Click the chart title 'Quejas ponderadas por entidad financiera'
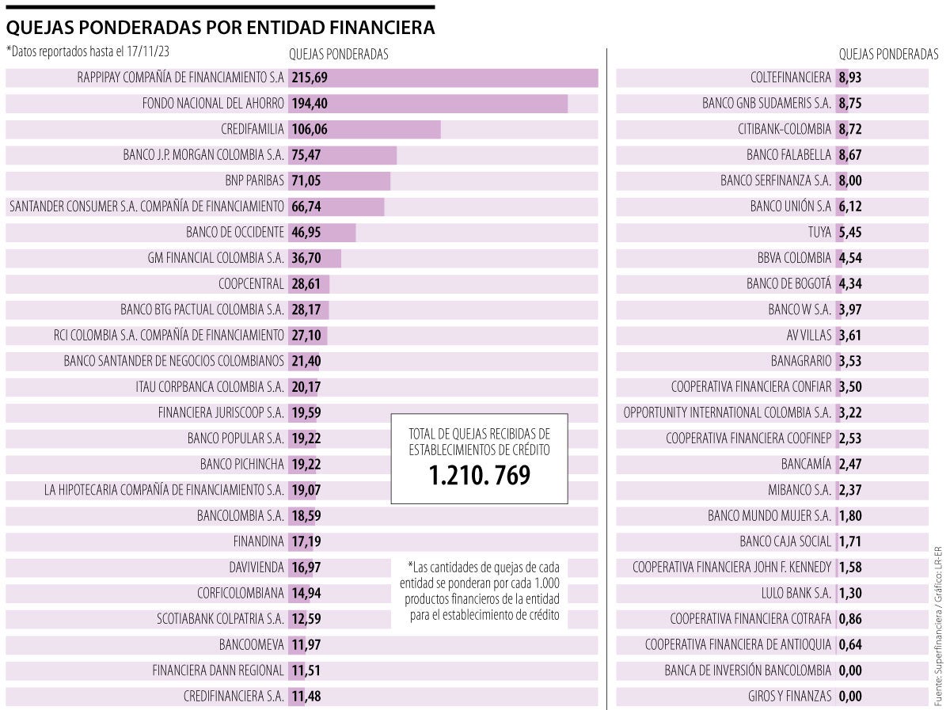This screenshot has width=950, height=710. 220,28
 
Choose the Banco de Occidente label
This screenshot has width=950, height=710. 234,232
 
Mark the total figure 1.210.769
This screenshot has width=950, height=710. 479,475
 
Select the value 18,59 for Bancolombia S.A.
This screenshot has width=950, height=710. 306,516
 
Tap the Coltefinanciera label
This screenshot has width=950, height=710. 790,78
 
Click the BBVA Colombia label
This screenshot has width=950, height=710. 794,258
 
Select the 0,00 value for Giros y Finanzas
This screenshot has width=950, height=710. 849,697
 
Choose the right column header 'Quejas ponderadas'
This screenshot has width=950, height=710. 888,54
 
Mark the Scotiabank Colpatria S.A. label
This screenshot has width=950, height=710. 220,619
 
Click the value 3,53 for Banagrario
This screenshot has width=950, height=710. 849,361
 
